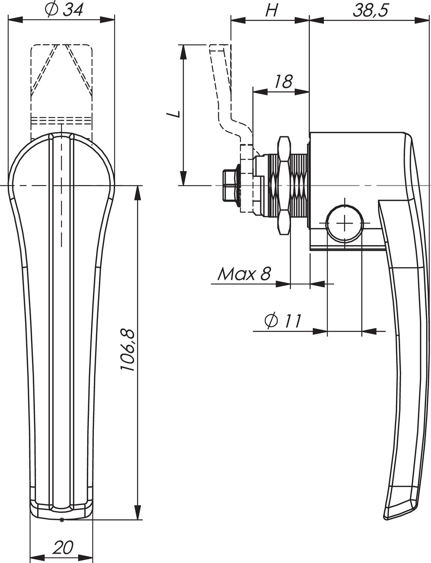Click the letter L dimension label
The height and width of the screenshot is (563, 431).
(174, 114)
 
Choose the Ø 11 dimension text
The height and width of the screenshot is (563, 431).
(283, 321)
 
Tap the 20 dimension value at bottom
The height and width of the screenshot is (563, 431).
(63, 548)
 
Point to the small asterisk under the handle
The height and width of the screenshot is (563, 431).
(62, 520)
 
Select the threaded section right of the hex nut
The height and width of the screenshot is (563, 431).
(299, 185)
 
